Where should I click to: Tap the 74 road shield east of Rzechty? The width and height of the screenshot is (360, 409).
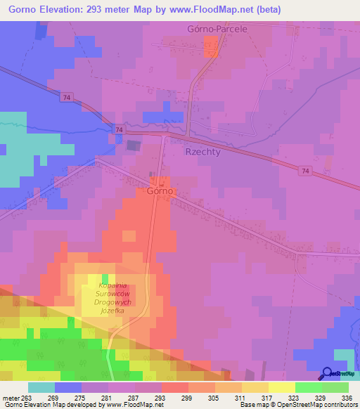[304, 171]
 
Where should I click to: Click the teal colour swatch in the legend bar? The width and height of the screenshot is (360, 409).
[41, 387]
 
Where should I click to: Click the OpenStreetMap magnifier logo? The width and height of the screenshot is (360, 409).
[327, 372]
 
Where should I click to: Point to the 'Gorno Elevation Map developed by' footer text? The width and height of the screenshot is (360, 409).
[51, 405]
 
